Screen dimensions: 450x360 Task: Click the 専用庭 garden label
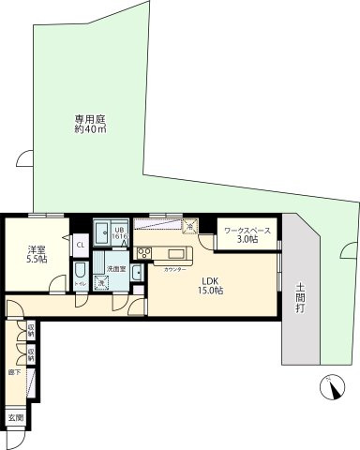pyautogui.click(x=90, y=119)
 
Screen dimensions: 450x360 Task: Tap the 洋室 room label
pyautogui.click(x=36, y=248)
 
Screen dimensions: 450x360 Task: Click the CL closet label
pyautogui.click(x=81, y=246)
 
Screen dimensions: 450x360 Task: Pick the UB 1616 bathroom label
pyautogui.click(x=119, y=233)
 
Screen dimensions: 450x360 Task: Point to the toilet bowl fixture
pyautogui.click(x=80, y=273)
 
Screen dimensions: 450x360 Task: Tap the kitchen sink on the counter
pyautogui.click(x=176, y=253)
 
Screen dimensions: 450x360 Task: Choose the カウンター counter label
pyautogui.click(x=173, y=269)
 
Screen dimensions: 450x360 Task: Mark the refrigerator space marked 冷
pyautogui.click(x=187, y=226)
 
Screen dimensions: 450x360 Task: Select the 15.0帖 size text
pyautogui.click(x=208, y=292)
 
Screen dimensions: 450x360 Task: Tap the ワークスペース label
pyautogui.click(x=247, y=231)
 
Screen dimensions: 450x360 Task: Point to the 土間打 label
pyautogui.click(x=300, y=297)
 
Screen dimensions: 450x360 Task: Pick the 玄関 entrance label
pyautogui.click(x=16, y=416)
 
